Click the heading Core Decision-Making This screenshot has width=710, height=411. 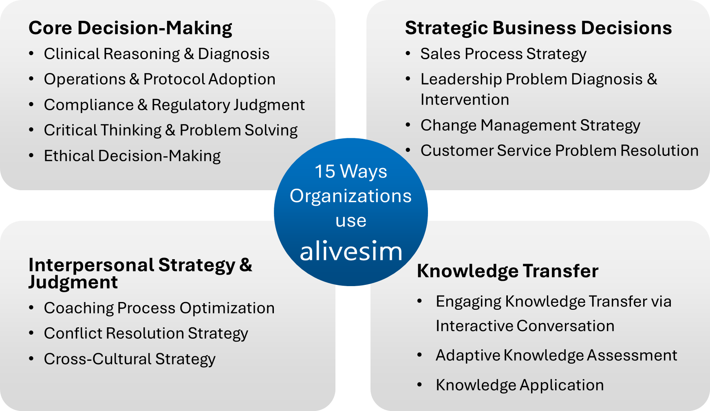click(x=130, y=28)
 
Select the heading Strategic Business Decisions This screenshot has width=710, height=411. click(x=538, y=28)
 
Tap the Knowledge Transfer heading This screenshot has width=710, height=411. click(x=507, y=271)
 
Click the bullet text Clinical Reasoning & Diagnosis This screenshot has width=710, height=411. click(x=157, y=54)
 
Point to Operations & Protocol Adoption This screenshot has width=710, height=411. click(x=160, y=80)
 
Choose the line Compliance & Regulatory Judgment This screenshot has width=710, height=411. click(x=174, y=105)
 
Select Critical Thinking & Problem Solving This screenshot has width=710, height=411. click(x=171, y=131)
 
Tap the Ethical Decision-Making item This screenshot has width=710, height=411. click(x=132, y=156)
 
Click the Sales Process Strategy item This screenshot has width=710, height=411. click(x=503, y=54)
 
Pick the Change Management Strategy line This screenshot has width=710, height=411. click(x=530, y=126)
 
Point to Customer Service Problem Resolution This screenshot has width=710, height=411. click(x=560, y=151)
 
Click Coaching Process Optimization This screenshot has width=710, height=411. click(x=159, y=309)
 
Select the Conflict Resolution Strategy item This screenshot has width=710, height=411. click(x=146, y=334)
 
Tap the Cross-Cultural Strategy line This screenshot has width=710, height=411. click(x=130, y=360)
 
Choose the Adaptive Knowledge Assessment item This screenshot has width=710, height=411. click(x=556, y=356)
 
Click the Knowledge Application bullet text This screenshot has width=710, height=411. click(x=520, y=386)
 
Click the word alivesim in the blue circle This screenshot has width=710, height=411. click(x=351, y=251)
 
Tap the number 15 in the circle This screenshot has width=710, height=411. click(x=325, y=171)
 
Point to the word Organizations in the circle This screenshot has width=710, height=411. click(x=351, y=197)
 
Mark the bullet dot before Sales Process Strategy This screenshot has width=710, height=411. click(x=408, y=53)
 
